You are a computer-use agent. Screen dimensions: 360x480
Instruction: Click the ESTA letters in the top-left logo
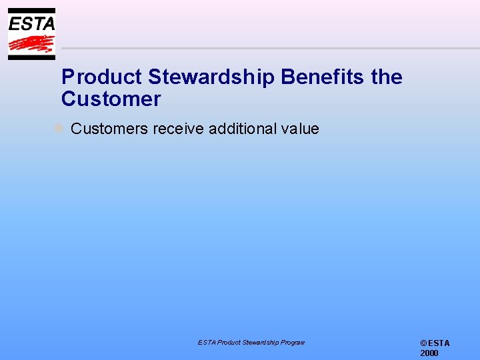click(31, 23)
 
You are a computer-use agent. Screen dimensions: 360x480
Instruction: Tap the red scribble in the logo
click(31, 44)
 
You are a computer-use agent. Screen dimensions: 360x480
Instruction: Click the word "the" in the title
click(387, 77)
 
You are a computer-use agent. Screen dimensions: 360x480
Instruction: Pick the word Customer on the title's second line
click(111, 99)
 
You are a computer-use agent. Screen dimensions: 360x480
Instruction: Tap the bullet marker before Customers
click(59, 127)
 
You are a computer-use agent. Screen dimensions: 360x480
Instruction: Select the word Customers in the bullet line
click(109, 129)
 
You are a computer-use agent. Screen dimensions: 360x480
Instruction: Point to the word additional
click(241, 129)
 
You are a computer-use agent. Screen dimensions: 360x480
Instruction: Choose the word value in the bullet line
click(300, 129)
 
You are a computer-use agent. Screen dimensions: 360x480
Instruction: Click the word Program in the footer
click(291, 343)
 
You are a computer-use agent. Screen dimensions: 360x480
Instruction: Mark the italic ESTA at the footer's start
click(205, 343)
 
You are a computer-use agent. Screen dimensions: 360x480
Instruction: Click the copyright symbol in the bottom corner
click(423, 343)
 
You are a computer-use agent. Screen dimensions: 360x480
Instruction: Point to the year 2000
click(429, 353)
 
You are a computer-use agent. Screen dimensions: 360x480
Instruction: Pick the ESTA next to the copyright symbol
click(439, 343)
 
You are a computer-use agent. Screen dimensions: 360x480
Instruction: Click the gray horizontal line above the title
click(267, 49)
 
